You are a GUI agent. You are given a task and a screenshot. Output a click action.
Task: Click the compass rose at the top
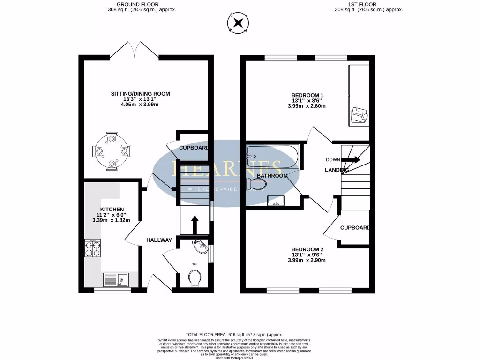239,22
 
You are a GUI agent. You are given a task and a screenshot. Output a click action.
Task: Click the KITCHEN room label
112,209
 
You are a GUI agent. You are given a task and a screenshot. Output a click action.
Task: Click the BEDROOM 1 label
307,95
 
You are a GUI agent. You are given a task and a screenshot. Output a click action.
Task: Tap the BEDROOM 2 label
307,249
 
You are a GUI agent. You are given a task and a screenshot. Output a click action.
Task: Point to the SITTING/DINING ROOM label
140,94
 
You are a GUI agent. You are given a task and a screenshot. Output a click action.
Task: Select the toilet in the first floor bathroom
255,184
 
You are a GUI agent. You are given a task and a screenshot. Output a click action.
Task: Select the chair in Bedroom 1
359,114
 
